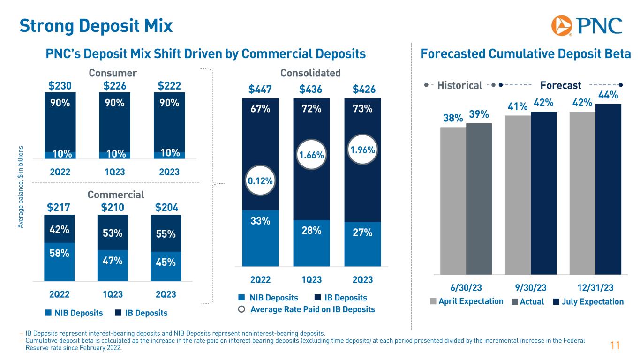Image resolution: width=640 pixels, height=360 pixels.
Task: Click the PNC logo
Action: [x=587, y=25]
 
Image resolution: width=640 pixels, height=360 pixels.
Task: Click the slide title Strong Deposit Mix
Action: [x=96, y=25]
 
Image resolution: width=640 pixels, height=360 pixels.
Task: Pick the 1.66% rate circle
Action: [x=311, y=154]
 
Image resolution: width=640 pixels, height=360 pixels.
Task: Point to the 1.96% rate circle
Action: [x=362, y=150]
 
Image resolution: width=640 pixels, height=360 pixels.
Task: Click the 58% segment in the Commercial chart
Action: [x=59, y=260]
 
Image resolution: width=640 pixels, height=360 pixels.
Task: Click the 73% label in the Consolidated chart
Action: [x=362, y=109]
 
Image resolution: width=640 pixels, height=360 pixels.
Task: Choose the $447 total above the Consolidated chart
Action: [x=260, y=90]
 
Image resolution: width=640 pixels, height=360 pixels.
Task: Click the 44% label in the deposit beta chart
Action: [x=608, y=95]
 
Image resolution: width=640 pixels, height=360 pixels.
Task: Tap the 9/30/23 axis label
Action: [x=531, y=287]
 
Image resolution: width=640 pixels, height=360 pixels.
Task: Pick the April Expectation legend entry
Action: [x=467, y=301]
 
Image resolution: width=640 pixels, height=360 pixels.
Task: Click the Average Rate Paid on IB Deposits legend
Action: [x=307, y=309]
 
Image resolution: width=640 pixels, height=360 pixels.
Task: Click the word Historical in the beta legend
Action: [x=459, y=85]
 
